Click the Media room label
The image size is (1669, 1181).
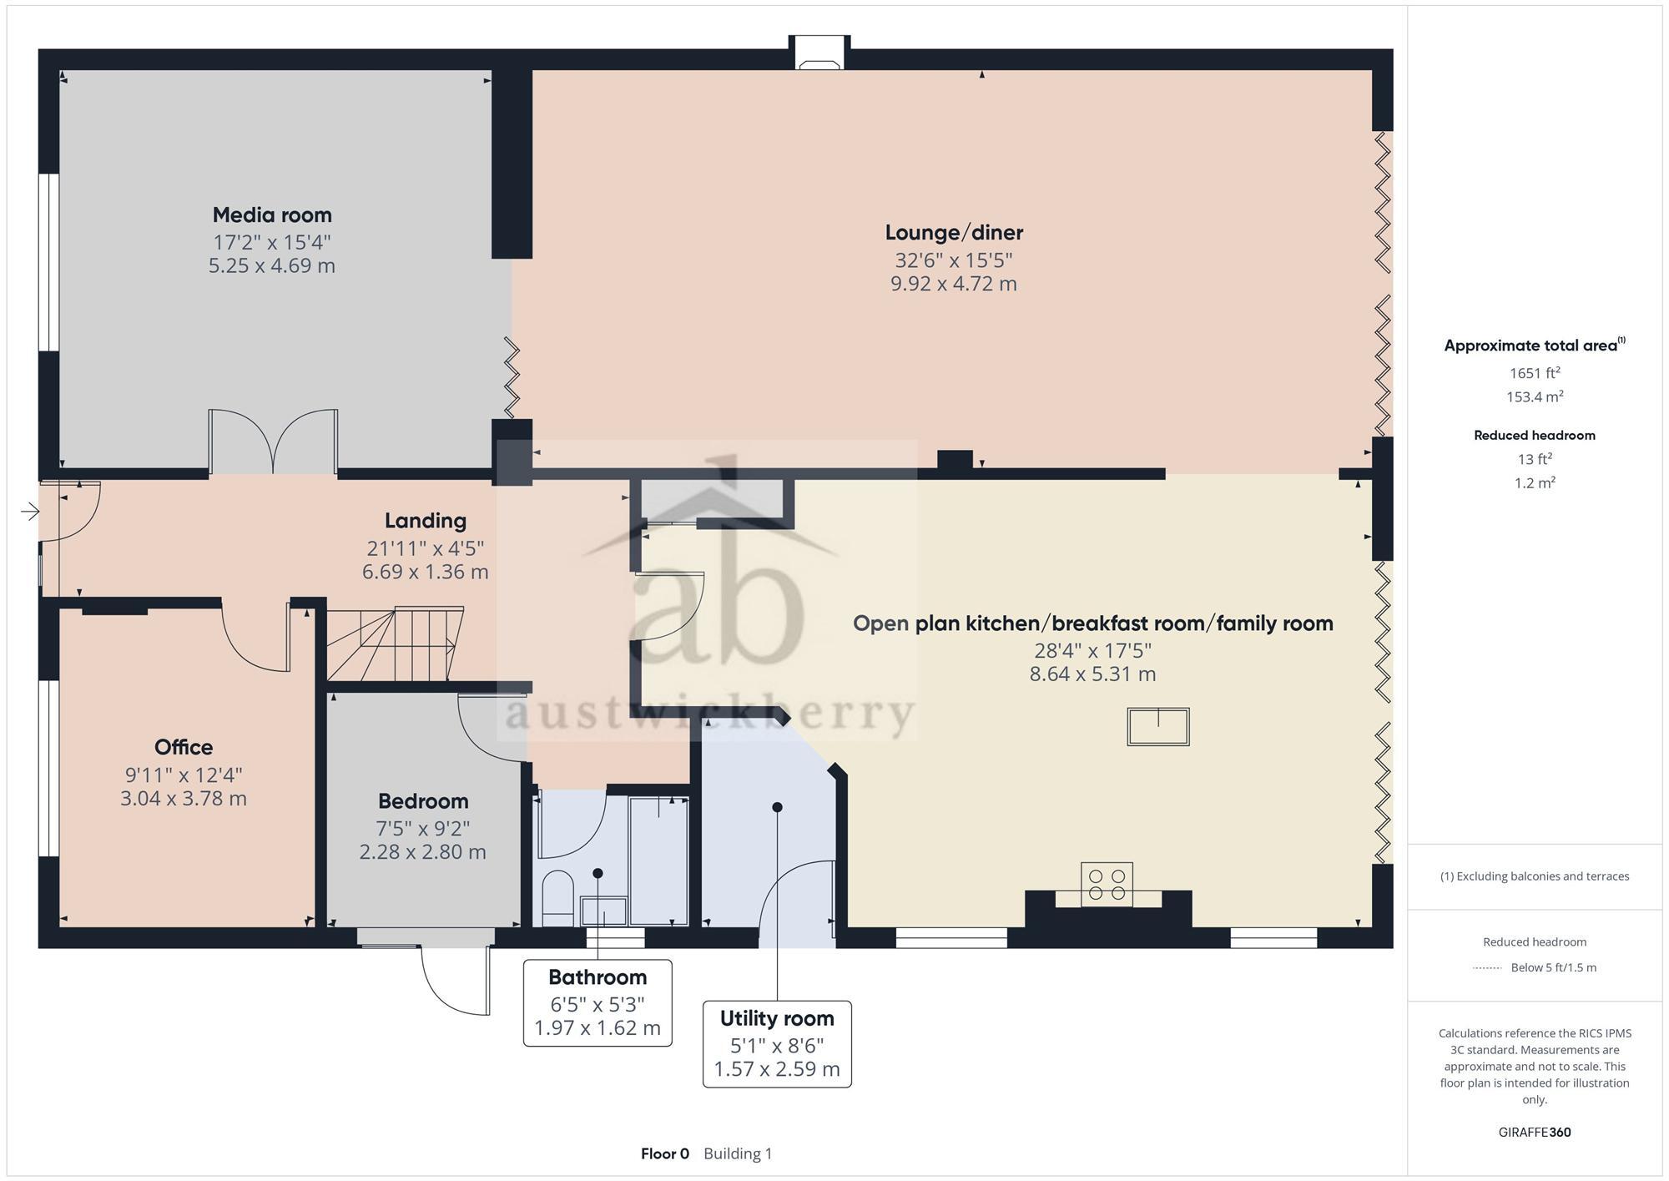coord(272,215)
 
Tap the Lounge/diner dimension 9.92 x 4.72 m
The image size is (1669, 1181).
coord(953,284)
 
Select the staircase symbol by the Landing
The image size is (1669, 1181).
coord(394,644)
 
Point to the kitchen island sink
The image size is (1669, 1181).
coord(1157,726)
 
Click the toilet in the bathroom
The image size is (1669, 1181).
coord(557,897)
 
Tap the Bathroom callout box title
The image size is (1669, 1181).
coord(598,977)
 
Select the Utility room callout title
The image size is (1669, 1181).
coord(777,1018)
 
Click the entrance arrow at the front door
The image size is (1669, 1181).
coord(30,512)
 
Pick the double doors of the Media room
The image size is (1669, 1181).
coord(273,442)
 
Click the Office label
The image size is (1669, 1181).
coord(184,747)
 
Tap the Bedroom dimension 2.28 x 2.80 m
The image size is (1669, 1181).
coord(422,852)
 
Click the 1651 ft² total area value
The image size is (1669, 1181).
coord(1534,373)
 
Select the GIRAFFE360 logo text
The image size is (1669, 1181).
coord(1534,1133)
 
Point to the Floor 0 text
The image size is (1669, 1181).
coord(664,1153)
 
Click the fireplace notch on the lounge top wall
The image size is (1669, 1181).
coord(819,53)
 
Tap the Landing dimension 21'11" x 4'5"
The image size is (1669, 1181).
coord(425,548)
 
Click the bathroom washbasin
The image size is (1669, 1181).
coord(603,910)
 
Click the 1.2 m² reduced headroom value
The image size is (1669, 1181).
coord(1534,483)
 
